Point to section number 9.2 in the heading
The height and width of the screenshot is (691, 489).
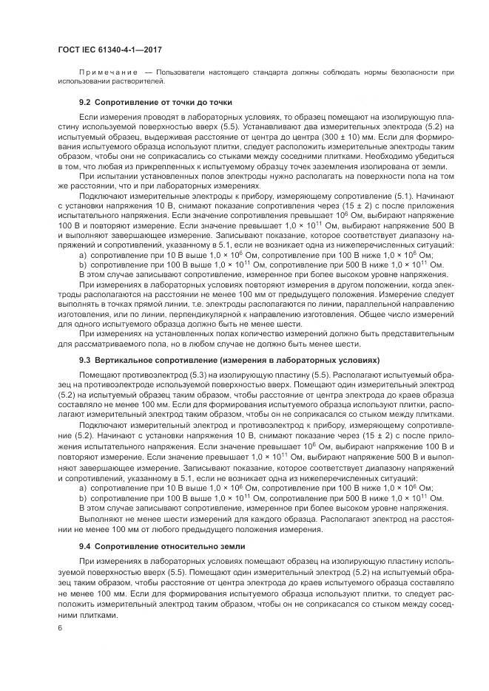(85, 102)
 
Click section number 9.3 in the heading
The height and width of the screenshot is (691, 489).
(85, 361)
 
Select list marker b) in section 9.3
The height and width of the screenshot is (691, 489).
(82, 497)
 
